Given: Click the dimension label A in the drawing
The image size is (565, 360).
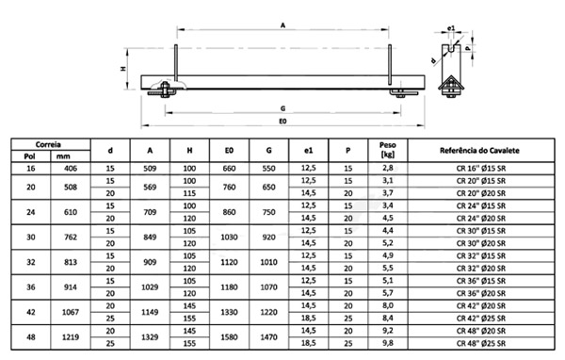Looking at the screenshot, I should point(283,26).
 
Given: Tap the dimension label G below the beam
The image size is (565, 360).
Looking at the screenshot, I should point(282,106).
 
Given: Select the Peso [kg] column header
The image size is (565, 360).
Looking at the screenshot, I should point(387,150).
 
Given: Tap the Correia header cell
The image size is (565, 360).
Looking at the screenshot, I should point(49,144).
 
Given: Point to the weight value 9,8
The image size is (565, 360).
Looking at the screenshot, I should point(387,343).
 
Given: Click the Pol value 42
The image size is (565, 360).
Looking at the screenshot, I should point(24,314).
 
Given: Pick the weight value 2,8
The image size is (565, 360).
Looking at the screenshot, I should point(387,167).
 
